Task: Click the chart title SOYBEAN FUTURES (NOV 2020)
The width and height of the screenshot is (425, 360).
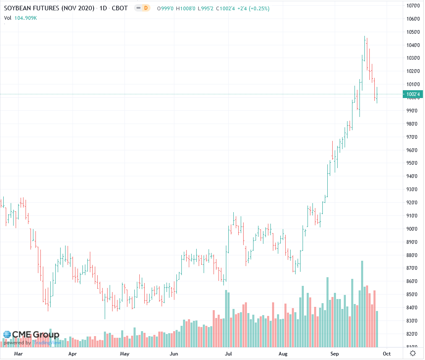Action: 49,8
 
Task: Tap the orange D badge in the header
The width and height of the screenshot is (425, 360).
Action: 145,8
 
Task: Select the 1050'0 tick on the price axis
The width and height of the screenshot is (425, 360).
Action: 412,32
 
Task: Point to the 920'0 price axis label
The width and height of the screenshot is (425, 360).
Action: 412,203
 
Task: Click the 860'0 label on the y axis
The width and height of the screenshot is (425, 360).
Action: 412,281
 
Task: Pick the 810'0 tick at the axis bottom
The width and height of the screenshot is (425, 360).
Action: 412,347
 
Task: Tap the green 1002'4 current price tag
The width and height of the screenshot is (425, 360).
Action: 413,94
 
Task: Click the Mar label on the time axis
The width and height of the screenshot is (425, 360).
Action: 18,353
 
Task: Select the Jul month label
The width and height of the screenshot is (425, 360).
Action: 228,353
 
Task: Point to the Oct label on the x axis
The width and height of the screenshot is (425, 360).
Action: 386,353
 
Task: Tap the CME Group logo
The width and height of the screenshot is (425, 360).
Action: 31,335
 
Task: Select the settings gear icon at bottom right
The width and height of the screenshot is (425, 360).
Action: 413,353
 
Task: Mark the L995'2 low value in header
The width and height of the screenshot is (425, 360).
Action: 207,8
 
